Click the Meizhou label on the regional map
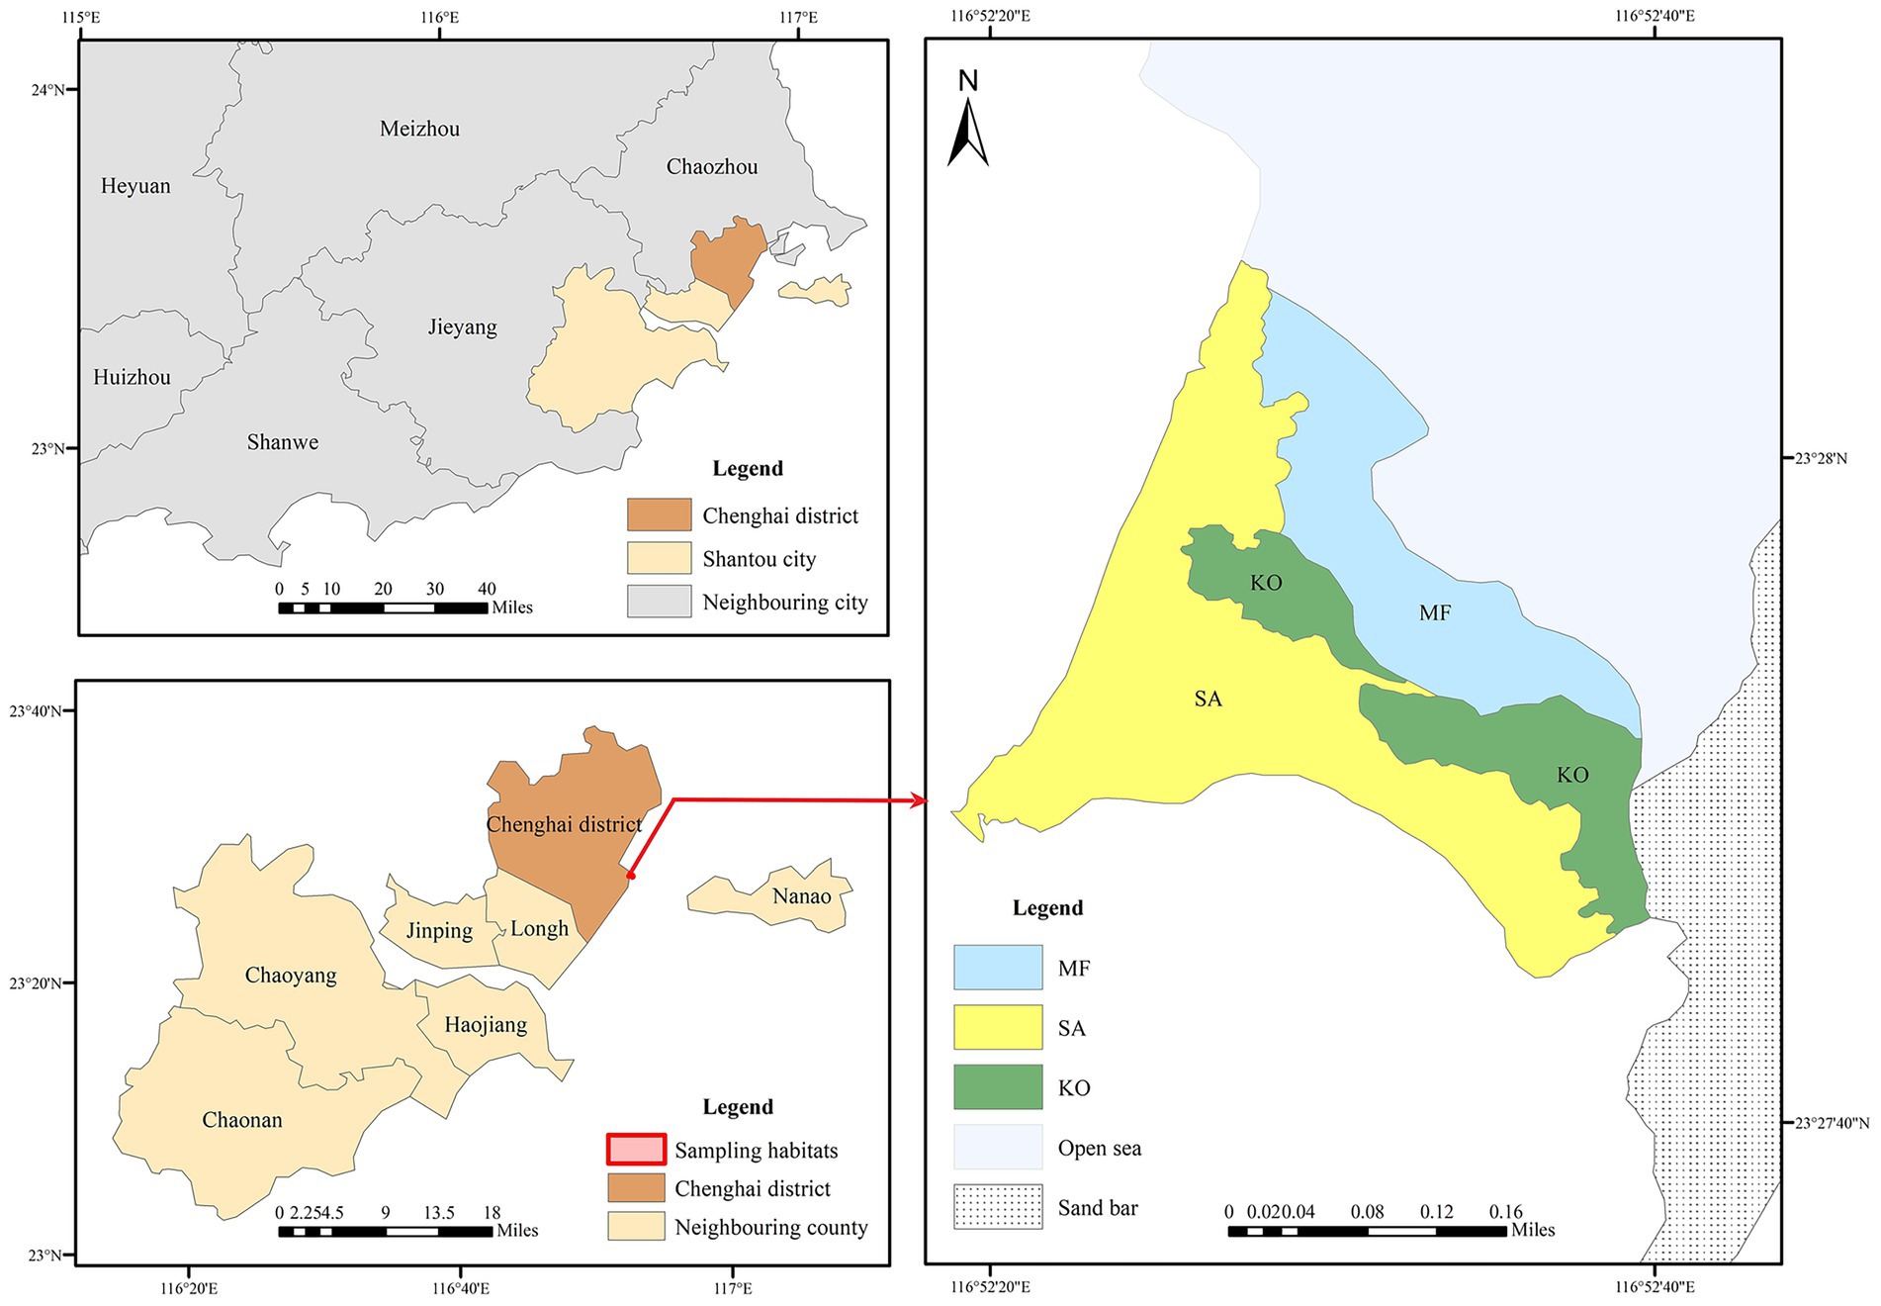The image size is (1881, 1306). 419,129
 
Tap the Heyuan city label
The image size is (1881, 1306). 135,186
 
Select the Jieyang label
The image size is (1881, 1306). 462,327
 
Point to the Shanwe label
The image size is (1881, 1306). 283,442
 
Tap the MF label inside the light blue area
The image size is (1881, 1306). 1434,613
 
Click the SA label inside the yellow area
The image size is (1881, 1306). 1208,700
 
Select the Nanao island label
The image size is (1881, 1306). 801,896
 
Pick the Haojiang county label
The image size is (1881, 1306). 486,1025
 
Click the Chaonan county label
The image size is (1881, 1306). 242,1120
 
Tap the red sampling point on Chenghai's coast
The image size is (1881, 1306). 631,876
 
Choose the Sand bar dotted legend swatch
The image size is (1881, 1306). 997,1207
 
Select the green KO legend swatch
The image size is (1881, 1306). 997,1087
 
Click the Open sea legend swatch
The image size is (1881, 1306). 997,1148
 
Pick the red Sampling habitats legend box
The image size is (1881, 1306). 636,1150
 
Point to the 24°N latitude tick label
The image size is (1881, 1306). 46,90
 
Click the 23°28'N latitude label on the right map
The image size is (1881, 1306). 1821,458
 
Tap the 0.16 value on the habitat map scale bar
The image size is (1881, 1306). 1505,1212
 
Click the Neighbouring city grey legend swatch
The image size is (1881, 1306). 659,602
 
